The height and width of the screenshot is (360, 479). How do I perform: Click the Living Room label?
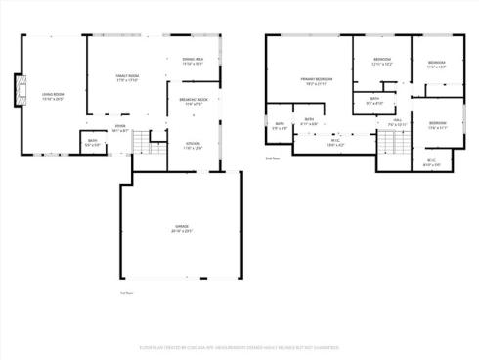click(52, 96)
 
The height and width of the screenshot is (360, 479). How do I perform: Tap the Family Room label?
click(128, 76)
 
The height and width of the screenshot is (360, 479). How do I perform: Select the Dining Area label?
click(193, 61)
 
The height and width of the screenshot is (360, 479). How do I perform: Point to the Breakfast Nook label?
click(193, 100)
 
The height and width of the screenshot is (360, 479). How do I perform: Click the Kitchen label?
click(194, 146)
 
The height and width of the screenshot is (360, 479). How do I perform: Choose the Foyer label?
click(119, 127)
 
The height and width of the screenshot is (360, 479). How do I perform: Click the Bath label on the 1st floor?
click(92, 142)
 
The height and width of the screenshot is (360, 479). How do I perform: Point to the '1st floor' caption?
click(125, 292)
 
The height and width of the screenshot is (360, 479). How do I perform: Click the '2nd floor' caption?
click(273, 157)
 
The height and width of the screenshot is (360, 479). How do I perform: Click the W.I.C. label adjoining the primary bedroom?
click(335, 142)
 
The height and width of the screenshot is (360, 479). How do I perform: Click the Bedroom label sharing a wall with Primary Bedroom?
click(381, 61)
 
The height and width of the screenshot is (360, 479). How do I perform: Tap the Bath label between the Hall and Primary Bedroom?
click(373, 99)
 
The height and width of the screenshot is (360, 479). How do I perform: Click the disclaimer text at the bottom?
click(239, 344)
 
